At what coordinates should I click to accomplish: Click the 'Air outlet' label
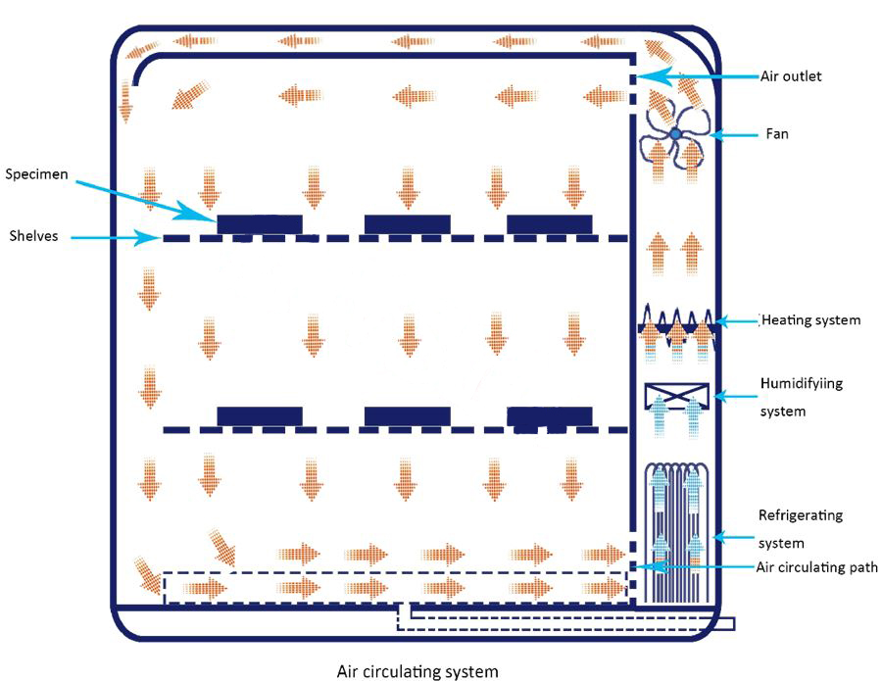tap(791, 75)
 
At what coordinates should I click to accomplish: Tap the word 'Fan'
tap(777, 134)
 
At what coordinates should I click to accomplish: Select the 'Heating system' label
tap(810, 319)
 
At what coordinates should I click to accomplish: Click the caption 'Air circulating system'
tap(417, 671)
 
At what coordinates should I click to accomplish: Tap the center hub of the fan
tap(675, 133)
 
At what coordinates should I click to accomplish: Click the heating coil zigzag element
tap(676, 321)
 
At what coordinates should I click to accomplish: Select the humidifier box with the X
tap(676, 396)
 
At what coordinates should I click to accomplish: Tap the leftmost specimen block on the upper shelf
tap(259, 224)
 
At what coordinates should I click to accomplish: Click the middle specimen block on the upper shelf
tap(407, 224)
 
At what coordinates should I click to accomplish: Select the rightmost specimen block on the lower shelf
tap(549, 416)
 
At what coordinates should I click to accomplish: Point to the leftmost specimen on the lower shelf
tap(259, 416)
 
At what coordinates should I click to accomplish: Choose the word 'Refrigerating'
tap(801, 514)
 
